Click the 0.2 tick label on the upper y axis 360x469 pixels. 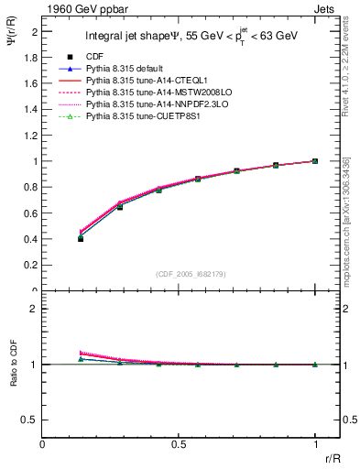click(x=33, y=266)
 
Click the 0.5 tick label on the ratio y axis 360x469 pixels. click(x=33, y=420)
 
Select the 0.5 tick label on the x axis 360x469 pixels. click(x=179, y=444)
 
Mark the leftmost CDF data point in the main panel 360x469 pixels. click(x=81, y=238)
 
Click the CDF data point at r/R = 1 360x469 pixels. click(x=315, y=161)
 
